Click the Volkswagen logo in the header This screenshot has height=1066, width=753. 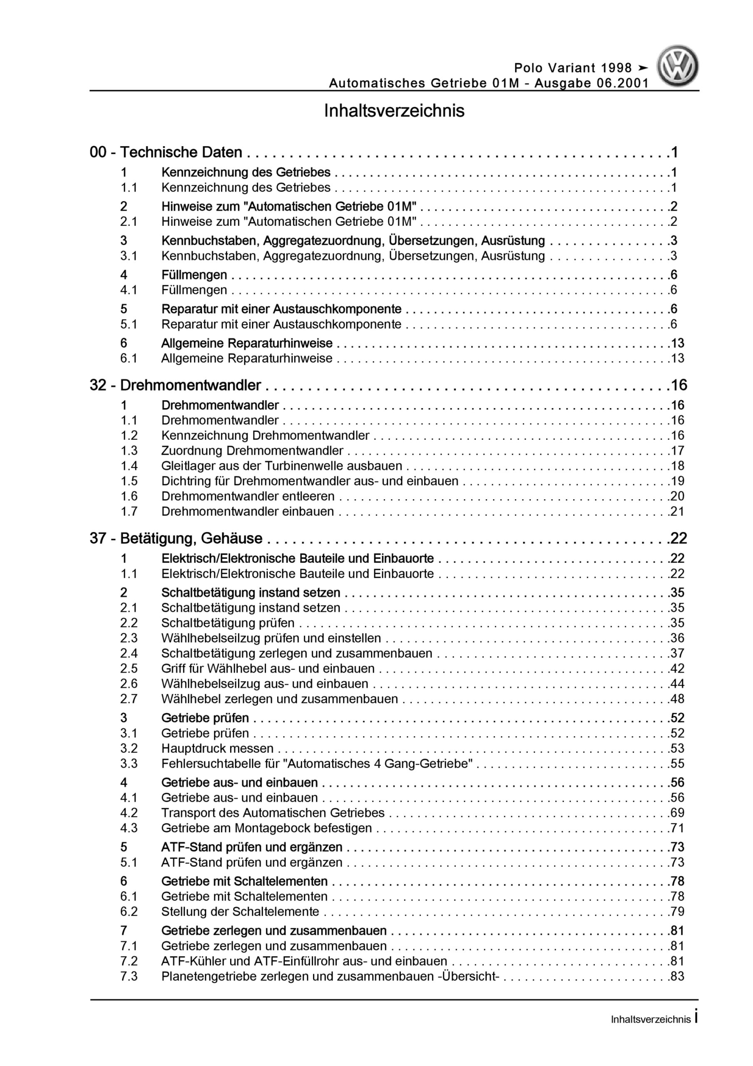pyautogui.click(x=677, y=66)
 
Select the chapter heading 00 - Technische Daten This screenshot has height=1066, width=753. pyautogui.click(x=166, y=152)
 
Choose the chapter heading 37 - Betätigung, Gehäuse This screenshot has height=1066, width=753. pyautogui.click(x=176, y=538)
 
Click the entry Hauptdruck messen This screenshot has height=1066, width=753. pyautogui.click(x=217, y=748)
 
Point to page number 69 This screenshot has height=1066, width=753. pyautogui.click(x=678, y=813)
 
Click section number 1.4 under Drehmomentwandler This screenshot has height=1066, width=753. pyautogui.click(x=129, y=466)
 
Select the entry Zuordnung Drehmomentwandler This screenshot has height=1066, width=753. pyautogui.click(x=252, y=451)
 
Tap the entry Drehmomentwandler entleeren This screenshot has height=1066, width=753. pyautogui.click(x=248, y=496)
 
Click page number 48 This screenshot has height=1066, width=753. pyautogui.click(x=678, y=699)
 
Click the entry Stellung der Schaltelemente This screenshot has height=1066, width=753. pyautogui.click(x=240, y=912)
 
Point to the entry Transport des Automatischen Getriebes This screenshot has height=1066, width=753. pyautogui.click(x=273, y=813)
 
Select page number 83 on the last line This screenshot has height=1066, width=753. pyautogui.click(x=678, y=976)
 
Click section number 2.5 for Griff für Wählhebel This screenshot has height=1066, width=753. pyautogui.click(x=129, y=669)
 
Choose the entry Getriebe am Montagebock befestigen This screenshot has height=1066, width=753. pyautogui.click(x=266, y=828)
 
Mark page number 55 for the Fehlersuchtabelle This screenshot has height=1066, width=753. pyautogui.click(x=678, y=764)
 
